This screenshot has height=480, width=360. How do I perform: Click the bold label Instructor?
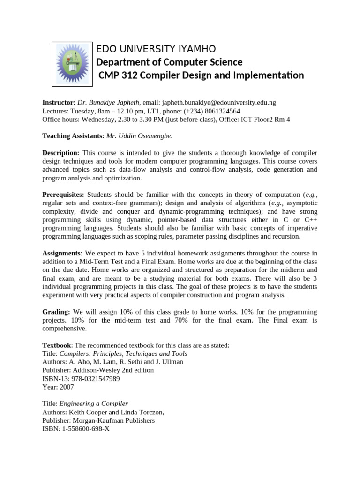pos(59,102)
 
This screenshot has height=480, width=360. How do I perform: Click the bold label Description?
pos(61,153)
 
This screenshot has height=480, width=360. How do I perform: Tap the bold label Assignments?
pos(62,254)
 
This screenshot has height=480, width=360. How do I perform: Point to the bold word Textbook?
pos(55,345)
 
